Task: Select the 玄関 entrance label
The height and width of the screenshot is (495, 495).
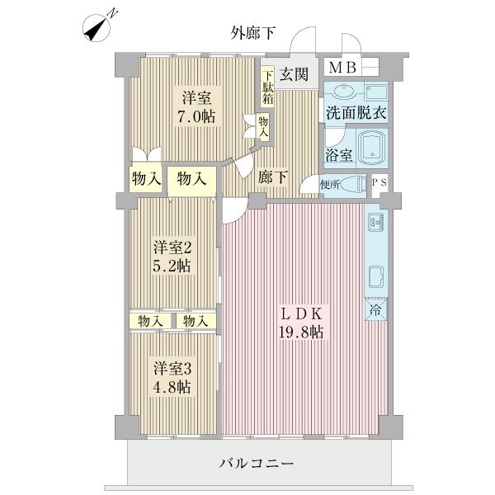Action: (294, 74)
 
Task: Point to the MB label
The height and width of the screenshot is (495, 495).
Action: (339, 68)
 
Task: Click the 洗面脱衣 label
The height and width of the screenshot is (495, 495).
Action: (355, 113)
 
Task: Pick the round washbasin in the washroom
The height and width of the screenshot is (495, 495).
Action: (344, 92)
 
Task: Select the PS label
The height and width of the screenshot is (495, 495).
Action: (378, 183)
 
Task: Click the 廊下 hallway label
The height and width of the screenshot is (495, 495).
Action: (271, 176)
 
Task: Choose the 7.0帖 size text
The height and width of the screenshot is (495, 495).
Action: (198, 116)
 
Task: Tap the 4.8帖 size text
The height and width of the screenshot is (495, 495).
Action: (172, 386)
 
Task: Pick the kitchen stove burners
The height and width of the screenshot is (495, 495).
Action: (374, 221)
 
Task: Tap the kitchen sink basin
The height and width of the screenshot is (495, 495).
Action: (374, 276)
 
